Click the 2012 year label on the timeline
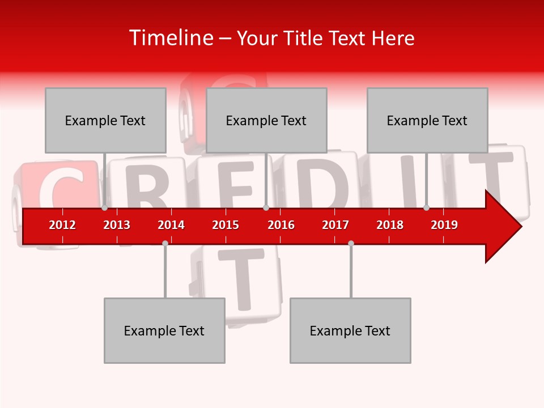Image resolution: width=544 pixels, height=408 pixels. point(62,225)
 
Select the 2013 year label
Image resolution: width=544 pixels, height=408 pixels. point(117,225)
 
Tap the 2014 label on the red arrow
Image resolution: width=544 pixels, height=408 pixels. point(171,225)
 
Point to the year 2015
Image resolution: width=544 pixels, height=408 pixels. point(226,225)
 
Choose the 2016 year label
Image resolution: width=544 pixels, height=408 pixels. point(281,225)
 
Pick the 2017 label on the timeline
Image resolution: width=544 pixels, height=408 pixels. point(335,225)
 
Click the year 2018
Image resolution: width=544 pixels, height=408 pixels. point(390,225)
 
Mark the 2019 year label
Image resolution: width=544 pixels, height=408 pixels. point(444,225)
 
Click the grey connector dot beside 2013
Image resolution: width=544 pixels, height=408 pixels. point(104,208)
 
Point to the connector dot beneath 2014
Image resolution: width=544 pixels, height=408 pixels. point(165,243)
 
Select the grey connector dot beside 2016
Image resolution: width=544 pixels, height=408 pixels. point(266,208)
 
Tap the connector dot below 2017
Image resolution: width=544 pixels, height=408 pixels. point(351,243)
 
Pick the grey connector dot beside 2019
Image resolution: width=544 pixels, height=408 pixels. point(426,208)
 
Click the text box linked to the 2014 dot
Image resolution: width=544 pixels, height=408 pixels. point(164,330)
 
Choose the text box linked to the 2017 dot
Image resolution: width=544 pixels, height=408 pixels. point(350,330)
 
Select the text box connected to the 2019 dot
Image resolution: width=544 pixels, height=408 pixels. point(427,120)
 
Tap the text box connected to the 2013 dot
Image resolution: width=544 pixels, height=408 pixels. point(105,120)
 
